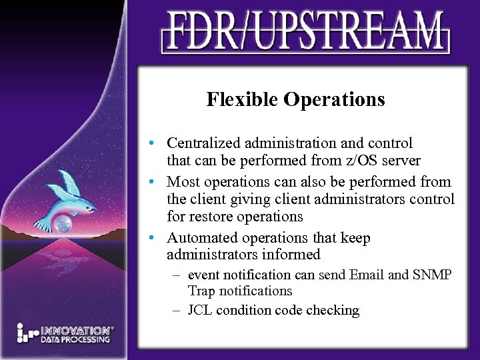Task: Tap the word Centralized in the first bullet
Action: [203, 143]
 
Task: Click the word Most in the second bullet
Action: [182, 181]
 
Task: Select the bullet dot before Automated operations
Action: [153, 238]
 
